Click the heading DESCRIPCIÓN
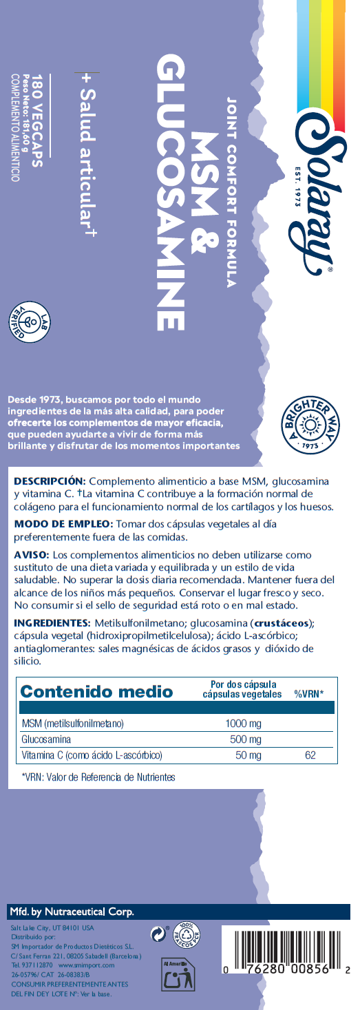pyautogui.click(x=49, y=480)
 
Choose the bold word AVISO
pyautogui.click(x=31, y=555)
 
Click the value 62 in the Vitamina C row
pyautogui.click(x=310, y=756)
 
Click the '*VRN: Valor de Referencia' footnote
pyautogui.click(x=98, y=777)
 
